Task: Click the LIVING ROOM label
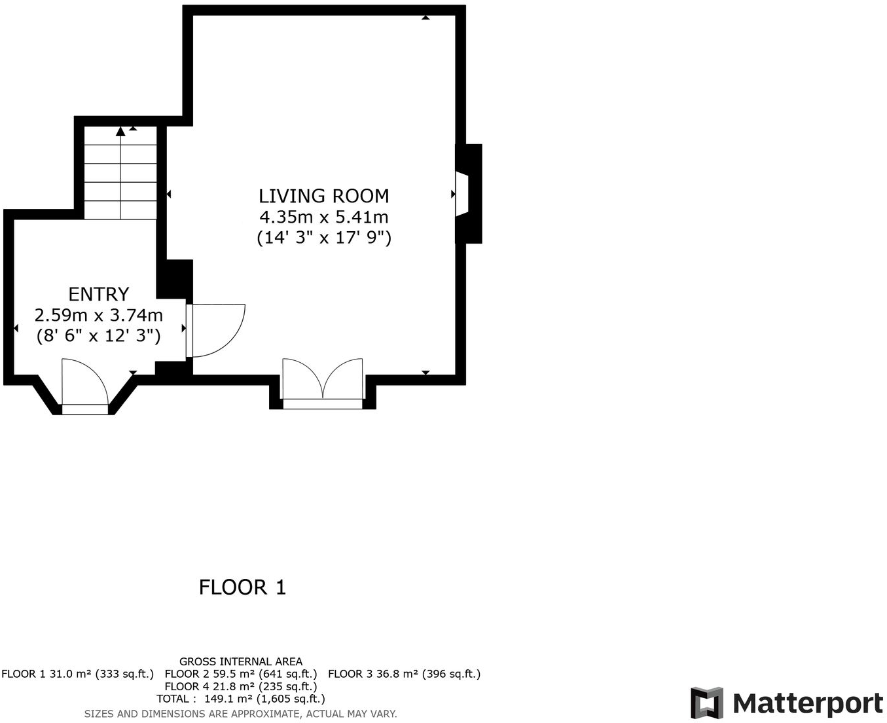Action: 323,196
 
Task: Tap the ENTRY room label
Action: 98,294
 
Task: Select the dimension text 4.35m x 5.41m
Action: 323,217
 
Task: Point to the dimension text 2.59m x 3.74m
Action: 98,315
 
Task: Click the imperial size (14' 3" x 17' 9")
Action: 323,237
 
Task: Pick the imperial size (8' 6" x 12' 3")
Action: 98,336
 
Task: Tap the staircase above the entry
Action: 120,173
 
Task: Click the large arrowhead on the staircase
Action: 120,132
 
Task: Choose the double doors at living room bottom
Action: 322,383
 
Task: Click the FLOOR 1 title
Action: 242,587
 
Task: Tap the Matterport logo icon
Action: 707,703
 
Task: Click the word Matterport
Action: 808,704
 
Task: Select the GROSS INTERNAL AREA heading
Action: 241,661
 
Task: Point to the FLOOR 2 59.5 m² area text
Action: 241,674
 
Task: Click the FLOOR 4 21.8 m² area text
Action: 241,686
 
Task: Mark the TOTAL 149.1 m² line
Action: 241,699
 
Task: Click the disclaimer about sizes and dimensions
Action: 241,714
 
